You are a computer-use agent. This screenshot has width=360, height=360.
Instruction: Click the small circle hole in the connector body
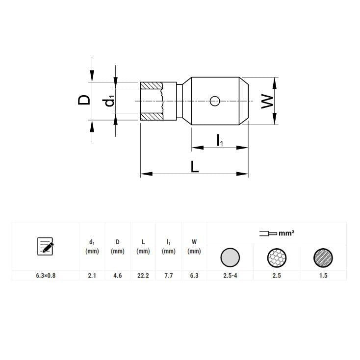coord(215,101)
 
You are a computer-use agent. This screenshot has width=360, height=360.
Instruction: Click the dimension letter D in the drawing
coord(84,100)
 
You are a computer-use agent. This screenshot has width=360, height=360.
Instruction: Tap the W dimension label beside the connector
coord(267,102)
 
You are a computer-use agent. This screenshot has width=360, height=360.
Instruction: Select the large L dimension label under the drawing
coord(195,166)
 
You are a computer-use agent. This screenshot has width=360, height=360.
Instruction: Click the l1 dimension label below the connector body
coord(220,140)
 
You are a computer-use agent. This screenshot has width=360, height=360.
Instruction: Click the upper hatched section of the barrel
coord(151,86)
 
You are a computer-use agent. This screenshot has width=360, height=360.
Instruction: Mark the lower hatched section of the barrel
coord(151,117)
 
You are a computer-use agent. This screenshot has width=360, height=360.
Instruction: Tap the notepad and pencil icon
coord(46,246)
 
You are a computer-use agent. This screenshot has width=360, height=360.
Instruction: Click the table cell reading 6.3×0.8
coord(46,276)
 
